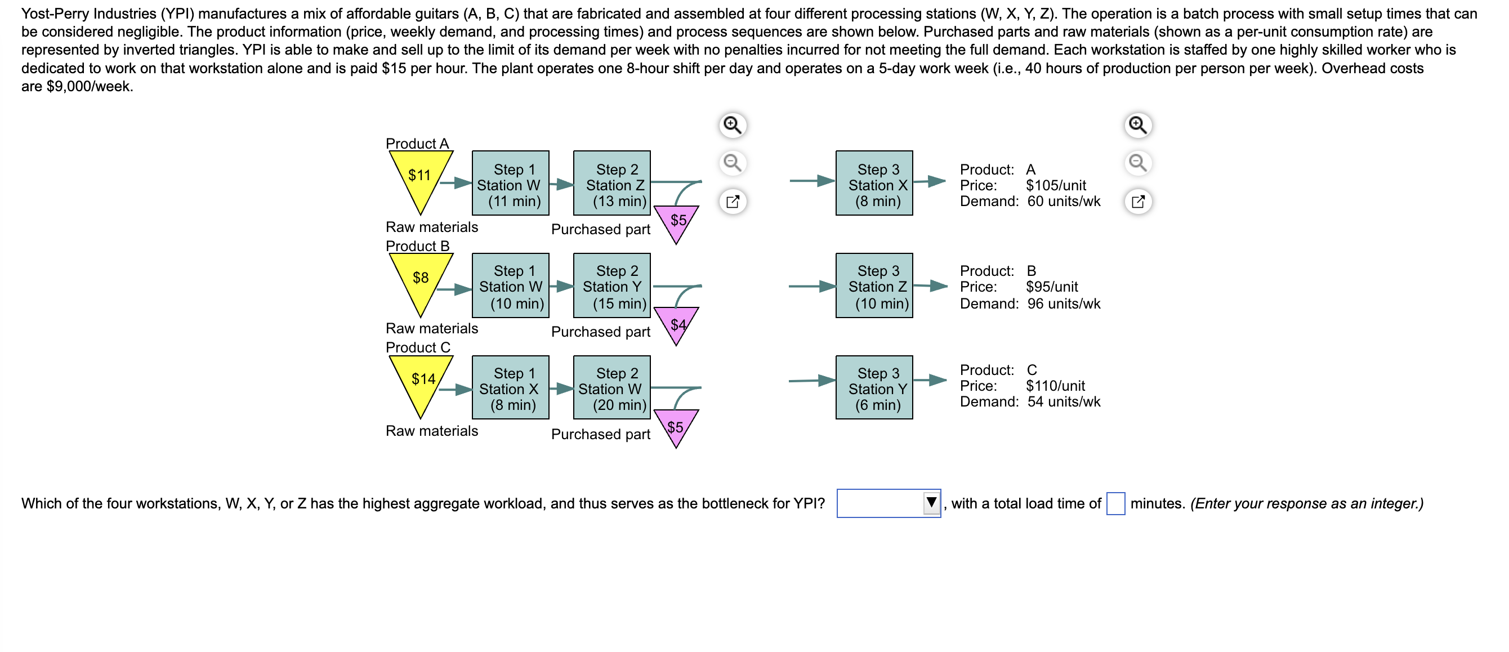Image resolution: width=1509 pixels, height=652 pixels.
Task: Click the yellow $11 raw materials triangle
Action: click(x=420, y=176)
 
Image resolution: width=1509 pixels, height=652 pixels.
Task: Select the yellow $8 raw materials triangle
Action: click(x=420, y=279)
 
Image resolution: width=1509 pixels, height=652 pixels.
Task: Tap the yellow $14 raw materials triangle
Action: click(x=421, y=381)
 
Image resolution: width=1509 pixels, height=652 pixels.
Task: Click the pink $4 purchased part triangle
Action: click(x=677, y=323)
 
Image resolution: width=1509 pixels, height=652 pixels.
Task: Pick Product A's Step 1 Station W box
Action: click(x=510, y=184)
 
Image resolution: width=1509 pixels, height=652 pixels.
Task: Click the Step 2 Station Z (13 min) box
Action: click(x=611, y=184)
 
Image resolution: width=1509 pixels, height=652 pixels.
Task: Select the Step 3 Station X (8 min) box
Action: click(x=874, y=184)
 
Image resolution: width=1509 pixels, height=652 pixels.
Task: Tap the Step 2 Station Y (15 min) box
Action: click(x=611, y=286)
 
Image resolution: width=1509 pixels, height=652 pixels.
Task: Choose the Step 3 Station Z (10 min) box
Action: click(x=874, y=286)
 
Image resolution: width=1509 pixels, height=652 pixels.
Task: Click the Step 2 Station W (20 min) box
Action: click(x=611, y=388)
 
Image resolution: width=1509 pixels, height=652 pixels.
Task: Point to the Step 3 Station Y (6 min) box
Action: click(x=874, y=388)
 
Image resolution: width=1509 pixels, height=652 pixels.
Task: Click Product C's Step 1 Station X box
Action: click(x=510, y=388)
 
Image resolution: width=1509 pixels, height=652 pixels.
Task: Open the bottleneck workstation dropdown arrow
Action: click(x=931, y=503)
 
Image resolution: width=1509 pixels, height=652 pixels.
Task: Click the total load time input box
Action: click(x=1115, y=504)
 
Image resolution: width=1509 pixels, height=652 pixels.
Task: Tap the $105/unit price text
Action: click(x=1056, y=186)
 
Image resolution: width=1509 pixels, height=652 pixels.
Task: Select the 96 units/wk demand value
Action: click(x=1064, y=304)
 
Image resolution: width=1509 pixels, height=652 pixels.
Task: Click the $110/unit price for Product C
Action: click(x=1055, y=386)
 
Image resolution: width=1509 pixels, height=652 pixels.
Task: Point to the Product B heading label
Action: click(x=418, y=246)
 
